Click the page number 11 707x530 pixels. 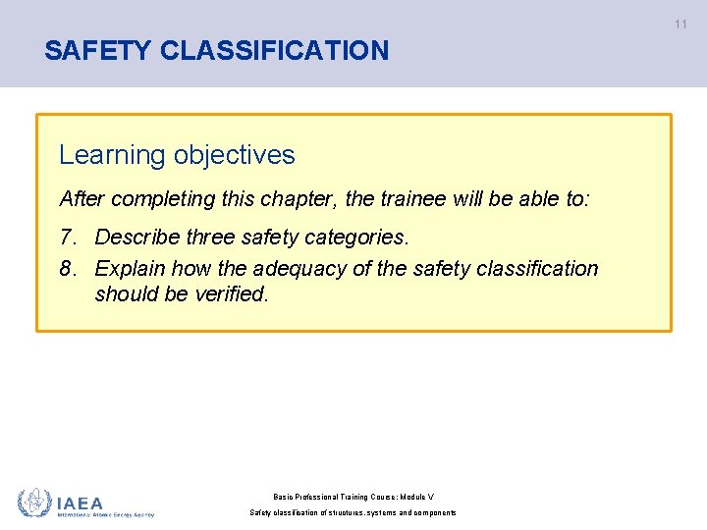[680, 25]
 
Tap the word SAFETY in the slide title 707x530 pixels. [98, 50]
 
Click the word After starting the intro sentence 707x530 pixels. [82, 199]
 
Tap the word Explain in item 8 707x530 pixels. [131, 269]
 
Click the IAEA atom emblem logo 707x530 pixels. [35, 503]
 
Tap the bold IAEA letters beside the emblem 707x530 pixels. [81, 501]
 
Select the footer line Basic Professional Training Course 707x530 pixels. [353, 497]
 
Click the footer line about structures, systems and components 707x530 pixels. [353, 513]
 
